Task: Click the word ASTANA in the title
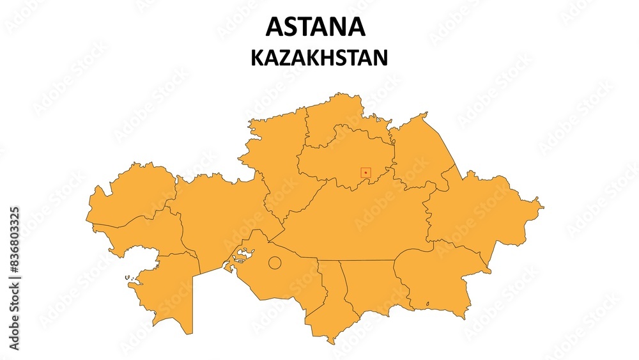315,26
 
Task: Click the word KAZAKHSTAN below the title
319,58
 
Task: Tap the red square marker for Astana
366,172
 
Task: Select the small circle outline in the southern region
274,262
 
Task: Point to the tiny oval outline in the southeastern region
427,304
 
